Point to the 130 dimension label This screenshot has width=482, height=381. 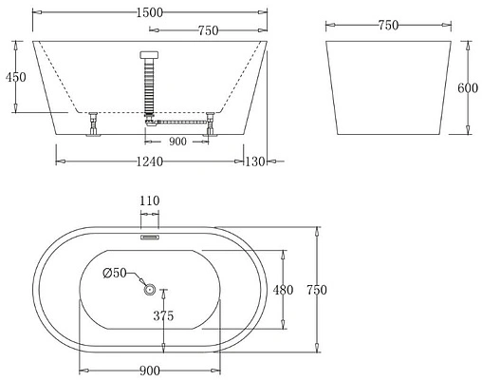point(256,161)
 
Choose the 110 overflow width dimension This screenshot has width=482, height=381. point(150,201)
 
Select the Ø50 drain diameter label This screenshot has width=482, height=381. point(115,273)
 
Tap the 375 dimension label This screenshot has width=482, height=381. point(163,316)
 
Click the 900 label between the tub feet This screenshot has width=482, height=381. point(177,141)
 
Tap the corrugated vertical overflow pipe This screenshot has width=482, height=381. point(147,86)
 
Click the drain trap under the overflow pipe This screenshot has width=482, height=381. point(150,120)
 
